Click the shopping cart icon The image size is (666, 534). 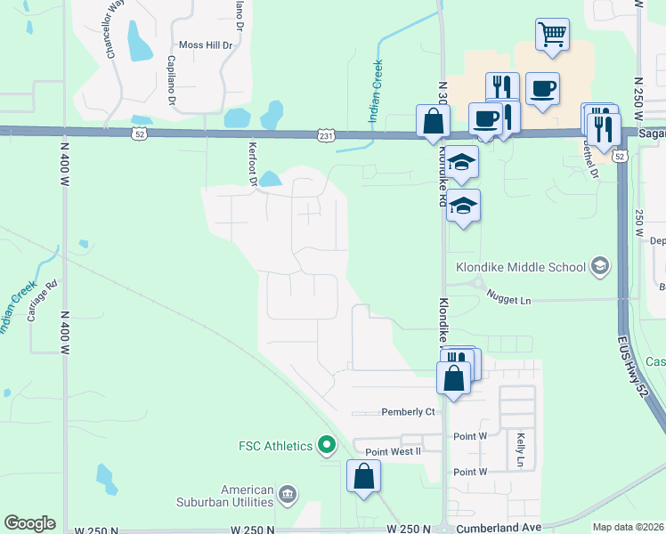(x=552, y=35)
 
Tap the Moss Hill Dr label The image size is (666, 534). (x=206, y=44)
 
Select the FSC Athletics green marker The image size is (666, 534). (x=327, y=444)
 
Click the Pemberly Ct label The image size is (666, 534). (x=408, y=412)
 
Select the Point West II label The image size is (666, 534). (x=393, y=452)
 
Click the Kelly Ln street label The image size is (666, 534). (x=520, y=450)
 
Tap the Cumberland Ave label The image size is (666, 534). (x=499, y=528)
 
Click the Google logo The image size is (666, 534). (x=29, y=523)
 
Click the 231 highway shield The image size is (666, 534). (x=326, y=134)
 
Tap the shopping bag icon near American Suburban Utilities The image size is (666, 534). (x=364, y=475)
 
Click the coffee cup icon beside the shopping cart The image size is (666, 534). (x=542, y=88)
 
